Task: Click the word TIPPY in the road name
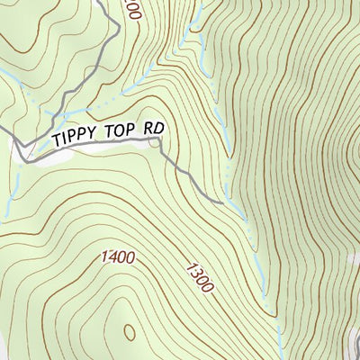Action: point(76,138)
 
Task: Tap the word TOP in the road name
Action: point(121,132)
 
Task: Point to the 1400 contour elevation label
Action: point(118,258)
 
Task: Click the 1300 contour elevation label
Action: point(199,276)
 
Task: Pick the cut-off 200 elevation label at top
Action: point(133,9)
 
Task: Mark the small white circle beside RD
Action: point(157,142)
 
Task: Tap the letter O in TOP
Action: point(121,132)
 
